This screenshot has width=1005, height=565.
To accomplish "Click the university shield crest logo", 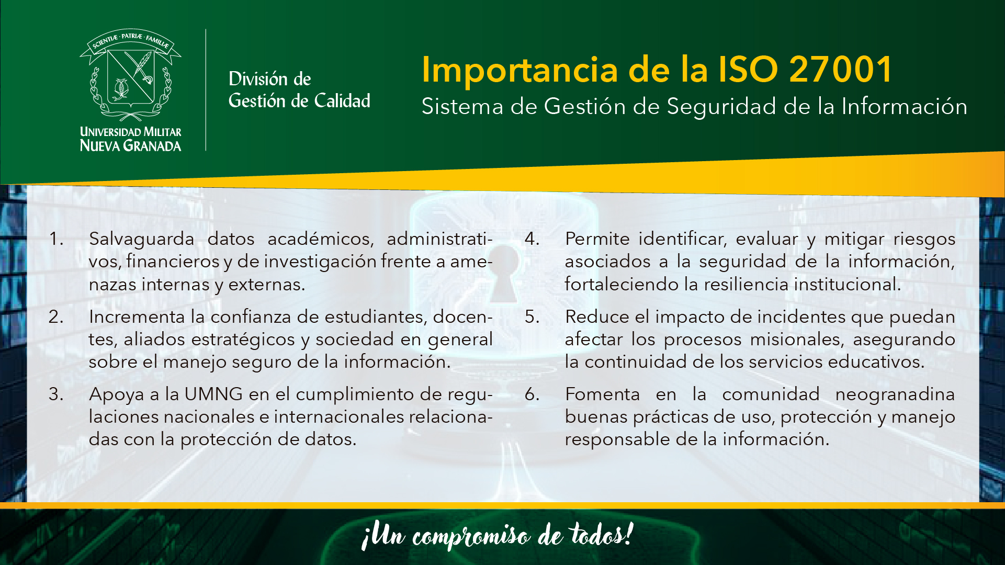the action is click(x=130, y=75).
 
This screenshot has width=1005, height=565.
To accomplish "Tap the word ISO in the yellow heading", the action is click(x=748, y=69).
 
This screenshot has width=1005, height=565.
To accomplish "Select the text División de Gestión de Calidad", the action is click(x=299, y=89).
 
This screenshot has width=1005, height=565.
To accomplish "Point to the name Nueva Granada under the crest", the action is click(x=130, y=145).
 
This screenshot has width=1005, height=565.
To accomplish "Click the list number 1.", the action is click(x=56, y=239).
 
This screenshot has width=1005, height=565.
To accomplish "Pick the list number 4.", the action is click(x=532, y=239).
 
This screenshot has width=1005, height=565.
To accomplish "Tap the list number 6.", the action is click(x=532, y=394).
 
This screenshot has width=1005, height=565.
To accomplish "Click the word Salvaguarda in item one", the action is click(x=141, y=240).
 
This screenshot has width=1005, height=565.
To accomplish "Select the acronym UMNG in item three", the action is click(x=213, y=394).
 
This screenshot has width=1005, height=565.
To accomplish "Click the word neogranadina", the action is click(x=895, y=395).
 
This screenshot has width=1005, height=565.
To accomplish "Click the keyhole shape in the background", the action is click(x=503, y=274).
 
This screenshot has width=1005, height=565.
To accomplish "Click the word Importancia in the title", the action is click(x=520, y=70).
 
